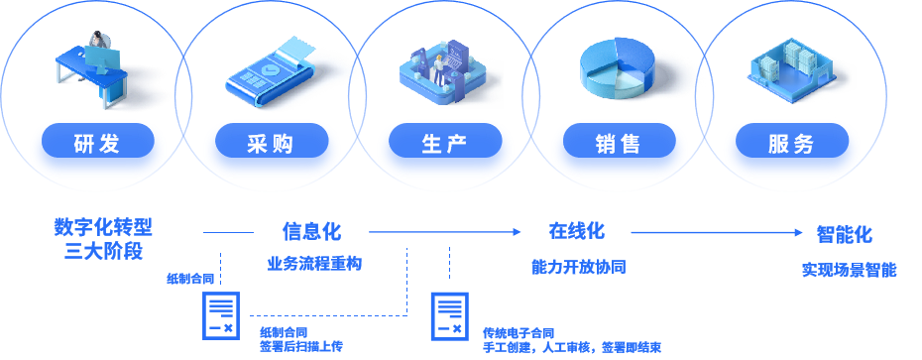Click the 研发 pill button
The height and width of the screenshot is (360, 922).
97,143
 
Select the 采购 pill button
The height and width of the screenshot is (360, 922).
271,143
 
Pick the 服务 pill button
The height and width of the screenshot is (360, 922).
791,143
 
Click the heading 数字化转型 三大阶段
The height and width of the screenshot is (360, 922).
103,238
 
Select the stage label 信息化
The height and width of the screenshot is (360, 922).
310,232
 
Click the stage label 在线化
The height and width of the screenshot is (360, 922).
576,232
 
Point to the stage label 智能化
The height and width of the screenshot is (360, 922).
844,235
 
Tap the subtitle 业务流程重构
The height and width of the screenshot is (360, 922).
314,265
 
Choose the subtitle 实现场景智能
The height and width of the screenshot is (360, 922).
849,270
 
